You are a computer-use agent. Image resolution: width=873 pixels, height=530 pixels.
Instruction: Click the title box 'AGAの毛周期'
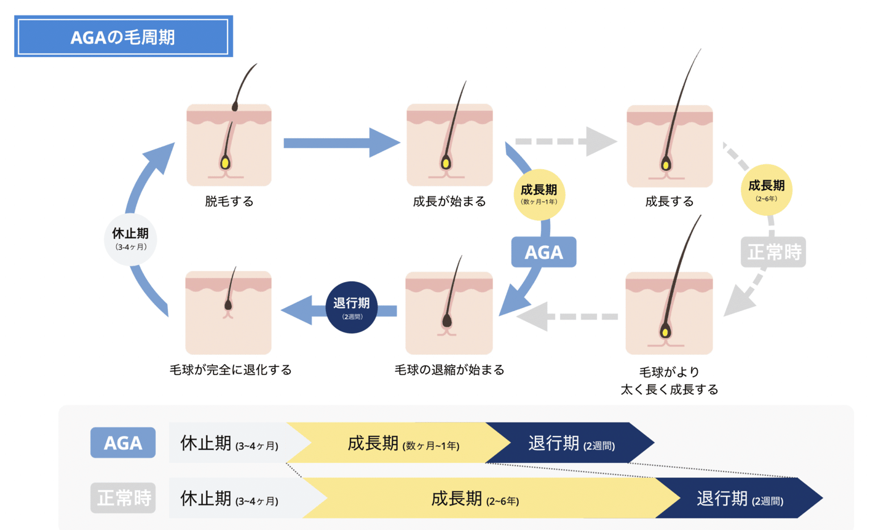point(123,37)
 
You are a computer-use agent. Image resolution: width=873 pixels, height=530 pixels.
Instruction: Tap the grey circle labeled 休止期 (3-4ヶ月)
point(130,239)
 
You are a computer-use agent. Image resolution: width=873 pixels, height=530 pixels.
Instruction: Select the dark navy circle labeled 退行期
point(351,307)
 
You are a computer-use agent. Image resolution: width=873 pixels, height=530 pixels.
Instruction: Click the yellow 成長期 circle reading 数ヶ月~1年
point(539,194)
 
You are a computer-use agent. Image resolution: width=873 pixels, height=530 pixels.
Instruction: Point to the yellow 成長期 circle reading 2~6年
point(766,189)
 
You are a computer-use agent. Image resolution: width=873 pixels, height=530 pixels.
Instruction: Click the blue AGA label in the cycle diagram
point(543,252)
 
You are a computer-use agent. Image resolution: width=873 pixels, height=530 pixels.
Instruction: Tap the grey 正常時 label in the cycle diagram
point(773,252)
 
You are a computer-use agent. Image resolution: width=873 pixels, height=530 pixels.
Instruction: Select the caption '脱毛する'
point(229,202)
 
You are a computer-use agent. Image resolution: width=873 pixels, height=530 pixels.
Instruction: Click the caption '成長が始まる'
point(449,202)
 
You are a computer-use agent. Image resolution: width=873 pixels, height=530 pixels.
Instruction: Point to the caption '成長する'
point(669,202)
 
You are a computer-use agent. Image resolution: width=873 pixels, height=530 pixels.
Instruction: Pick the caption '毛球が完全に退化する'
point(231,370)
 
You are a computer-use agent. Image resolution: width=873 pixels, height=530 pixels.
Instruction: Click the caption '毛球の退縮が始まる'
point(449,370)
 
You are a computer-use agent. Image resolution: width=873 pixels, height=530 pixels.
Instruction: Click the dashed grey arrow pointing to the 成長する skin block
point(566,141)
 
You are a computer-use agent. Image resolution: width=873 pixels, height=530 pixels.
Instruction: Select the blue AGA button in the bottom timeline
point(123,443)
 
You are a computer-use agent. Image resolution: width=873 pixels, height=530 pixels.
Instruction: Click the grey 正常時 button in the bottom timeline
point(123,497)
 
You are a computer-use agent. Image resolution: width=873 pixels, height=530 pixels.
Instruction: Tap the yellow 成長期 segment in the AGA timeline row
point(400,443)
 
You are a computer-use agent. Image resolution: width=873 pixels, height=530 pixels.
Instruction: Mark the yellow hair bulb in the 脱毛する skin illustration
point(225,163)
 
